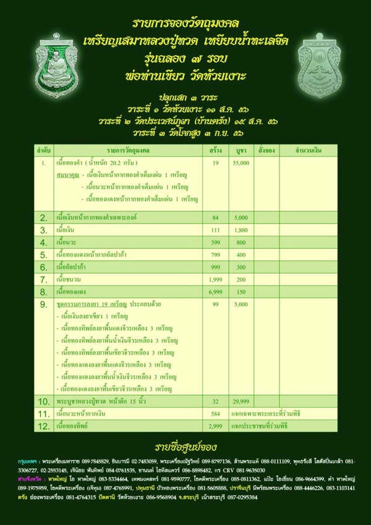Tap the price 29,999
(x=241, y=401)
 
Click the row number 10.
(x=43, y=401)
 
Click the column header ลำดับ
(x=43, y=150)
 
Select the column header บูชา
(x=241, y=150)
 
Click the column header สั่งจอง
(x=267, y=150)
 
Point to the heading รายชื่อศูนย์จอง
(x=185, y=447)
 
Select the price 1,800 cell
(x=241, y=230)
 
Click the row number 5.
(x=43, y=254)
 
